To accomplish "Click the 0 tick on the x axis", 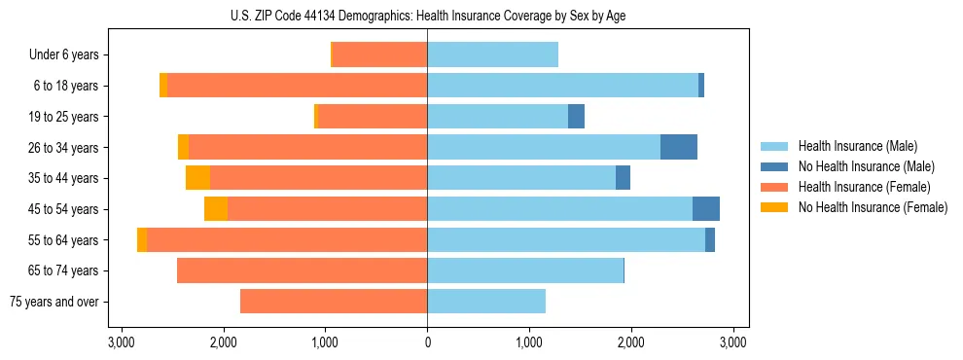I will point(427,342).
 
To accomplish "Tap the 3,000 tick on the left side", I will point(122,342).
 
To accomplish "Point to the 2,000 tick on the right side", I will point(631,342).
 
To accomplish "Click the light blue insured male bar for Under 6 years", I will point(492,55).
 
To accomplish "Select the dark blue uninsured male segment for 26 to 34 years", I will point(679,147).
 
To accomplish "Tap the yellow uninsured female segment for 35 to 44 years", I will point(197,178).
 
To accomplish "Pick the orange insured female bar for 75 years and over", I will point(334,302).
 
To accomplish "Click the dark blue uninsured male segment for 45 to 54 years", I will point(706,209).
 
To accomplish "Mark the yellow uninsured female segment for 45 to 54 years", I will point(216,209).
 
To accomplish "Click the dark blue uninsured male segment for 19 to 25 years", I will point(576,117).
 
